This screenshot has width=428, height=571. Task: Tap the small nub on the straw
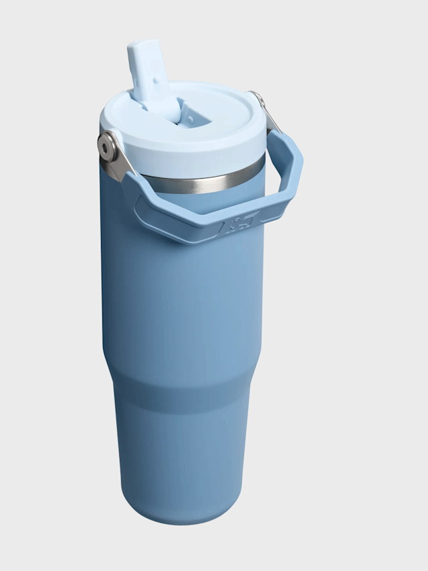155,81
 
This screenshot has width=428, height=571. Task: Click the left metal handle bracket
114,159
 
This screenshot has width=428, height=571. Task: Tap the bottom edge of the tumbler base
181,519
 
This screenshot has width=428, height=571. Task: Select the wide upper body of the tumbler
181,301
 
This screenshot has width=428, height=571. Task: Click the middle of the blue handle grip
201,224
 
